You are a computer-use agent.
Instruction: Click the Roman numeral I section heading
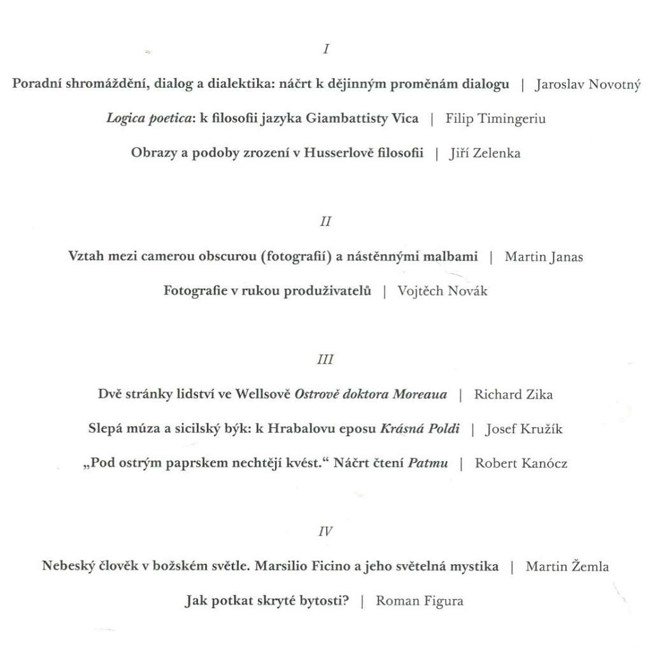326,49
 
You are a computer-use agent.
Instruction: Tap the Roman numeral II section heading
326,222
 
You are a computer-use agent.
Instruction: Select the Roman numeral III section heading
325,360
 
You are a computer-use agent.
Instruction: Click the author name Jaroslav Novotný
588,85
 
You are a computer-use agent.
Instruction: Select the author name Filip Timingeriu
495,119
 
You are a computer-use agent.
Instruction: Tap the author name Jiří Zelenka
485,153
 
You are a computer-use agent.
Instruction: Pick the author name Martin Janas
544,257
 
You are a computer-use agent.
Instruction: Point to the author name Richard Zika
513,394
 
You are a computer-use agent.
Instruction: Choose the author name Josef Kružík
523,429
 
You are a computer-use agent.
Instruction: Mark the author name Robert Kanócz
521,463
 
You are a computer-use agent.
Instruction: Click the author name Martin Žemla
567,566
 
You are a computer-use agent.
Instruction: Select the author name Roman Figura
420,600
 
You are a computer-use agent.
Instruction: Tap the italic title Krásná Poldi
420,429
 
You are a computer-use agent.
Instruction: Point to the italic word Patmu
427,463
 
